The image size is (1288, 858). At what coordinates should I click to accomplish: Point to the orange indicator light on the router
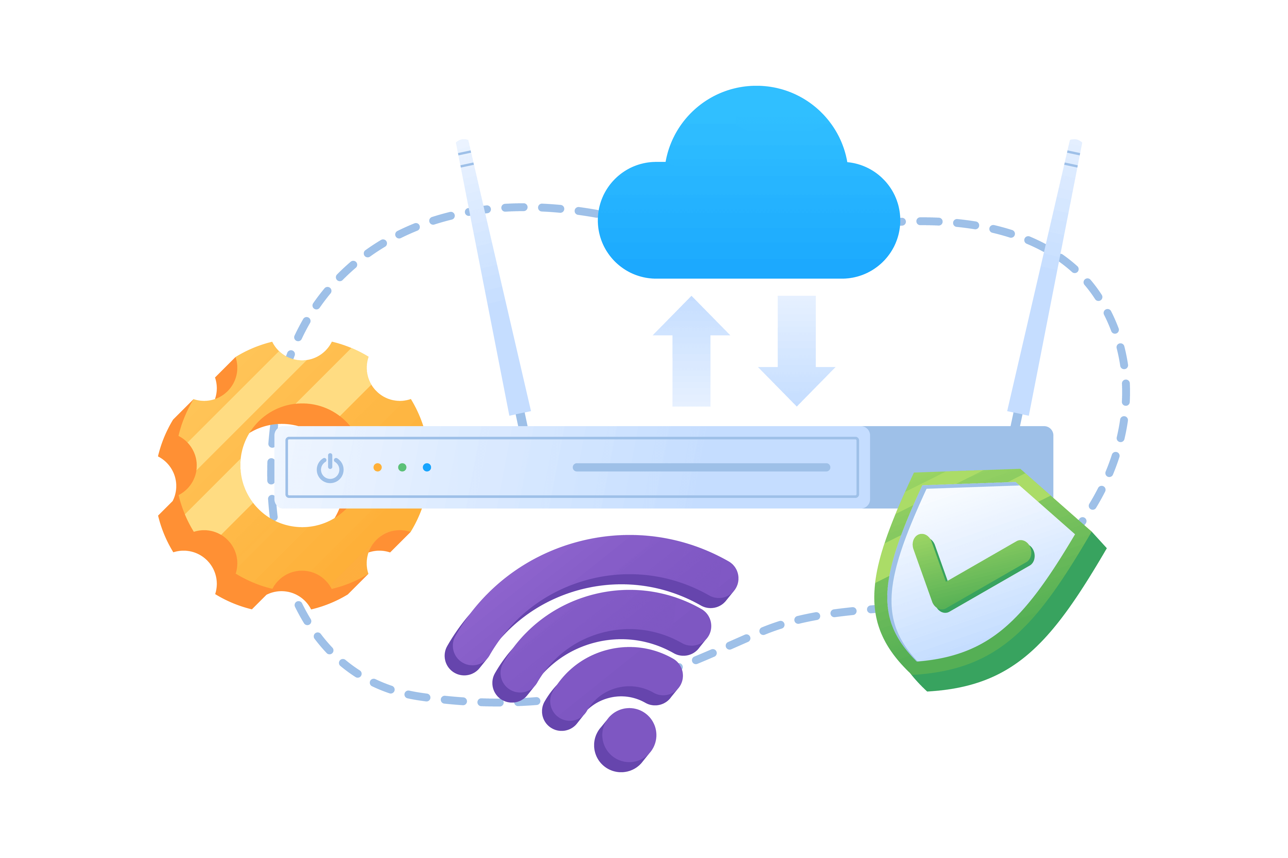(377, 467)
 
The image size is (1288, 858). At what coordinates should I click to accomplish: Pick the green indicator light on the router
(402, 467)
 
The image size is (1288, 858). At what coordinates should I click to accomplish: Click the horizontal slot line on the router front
(701, 467)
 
